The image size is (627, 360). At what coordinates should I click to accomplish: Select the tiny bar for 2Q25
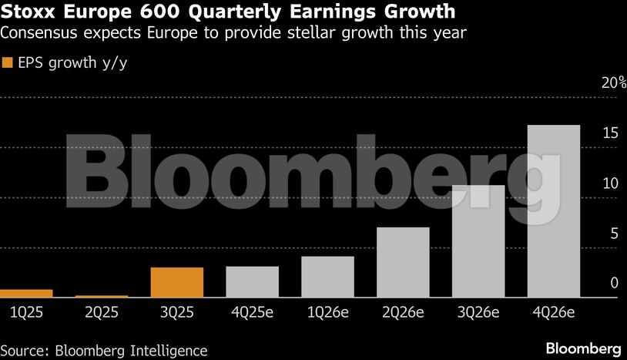pos(102,296)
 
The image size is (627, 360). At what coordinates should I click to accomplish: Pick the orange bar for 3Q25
pos(177,282)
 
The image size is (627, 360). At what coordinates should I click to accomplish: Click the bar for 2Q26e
pos(403,262)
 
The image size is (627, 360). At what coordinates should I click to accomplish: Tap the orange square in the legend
pos(8,63)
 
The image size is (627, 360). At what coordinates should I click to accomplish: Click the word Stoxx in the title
pos(31,12)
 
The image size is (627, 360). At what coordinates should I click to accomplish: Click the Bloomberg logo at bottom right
pos(584,348)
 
